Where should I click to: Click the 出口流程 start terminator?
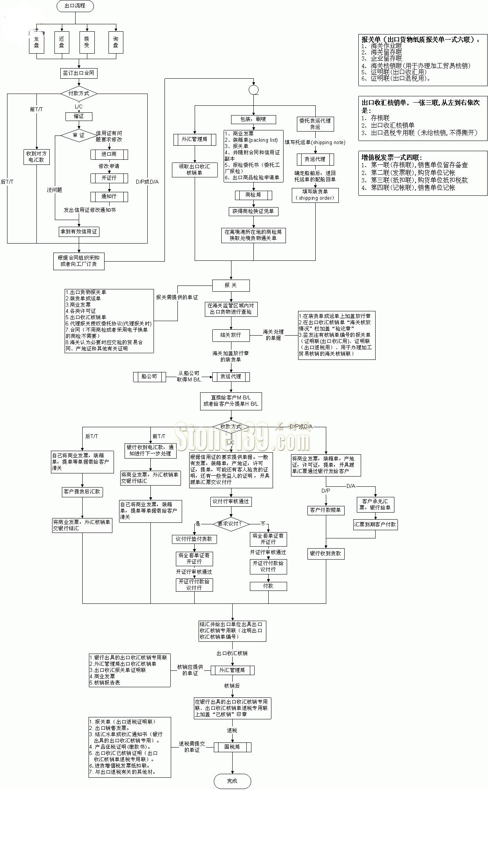pos(75,6)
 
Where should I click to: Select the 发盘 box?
pos(36,42)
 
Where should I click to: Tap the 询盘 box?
pos(116,42)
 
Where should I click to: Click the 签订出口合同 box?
pos(79,73)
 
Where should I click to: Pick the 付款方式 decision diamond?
pos(79,94)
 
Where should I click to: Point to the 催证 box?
pos(79,116)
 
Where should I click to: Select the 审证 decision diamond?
pos(78,135)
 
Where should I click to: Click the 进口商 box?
pos(109,154)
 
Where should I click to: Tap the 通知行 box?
pos(109,196)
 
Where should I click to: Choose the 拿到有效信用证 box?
pos(79,232)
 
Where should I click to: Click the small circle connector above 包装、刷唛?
pos(253,90)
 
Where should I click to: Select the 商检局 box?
pos(253,195)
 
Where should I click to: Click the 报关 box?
pos(231,285)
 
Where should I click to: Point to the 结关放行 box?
pos(231,335)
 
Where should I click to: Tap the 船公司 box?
pos(149,377)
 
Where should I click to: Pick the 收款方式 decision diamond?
pos(231,427)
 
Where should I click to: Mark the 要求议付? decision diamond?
pos(231,524)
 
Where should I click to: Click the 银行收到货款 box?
pos(325,554)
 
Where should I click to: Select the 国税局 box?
pos(232,747)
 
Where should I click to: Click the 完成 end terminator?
pos(232,781)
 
